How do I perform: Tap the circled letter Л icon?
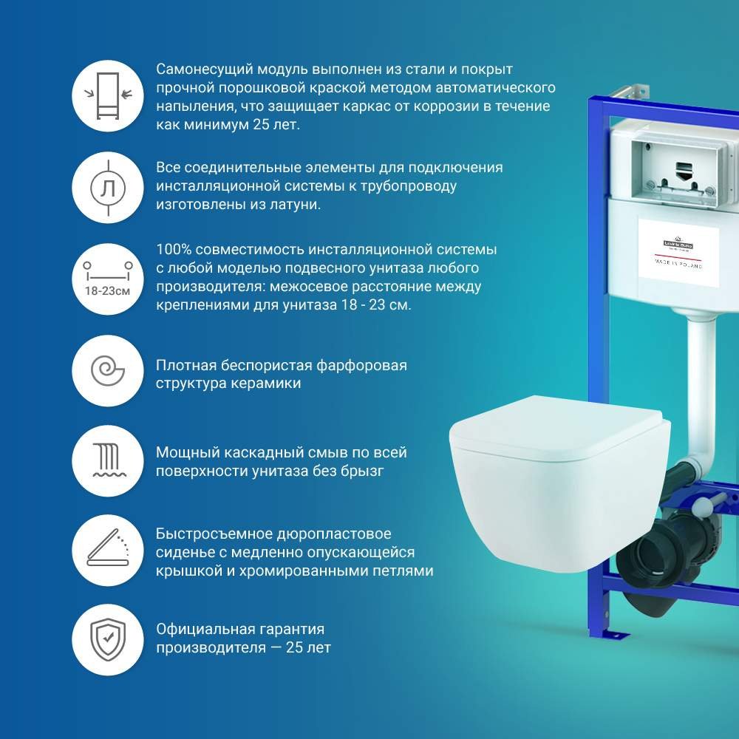click(x=108, y=188)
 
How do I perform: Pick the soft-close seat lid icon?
click(x=108, y=548)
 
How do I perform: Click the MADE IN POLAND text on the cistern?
click(x=678, y=263)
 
